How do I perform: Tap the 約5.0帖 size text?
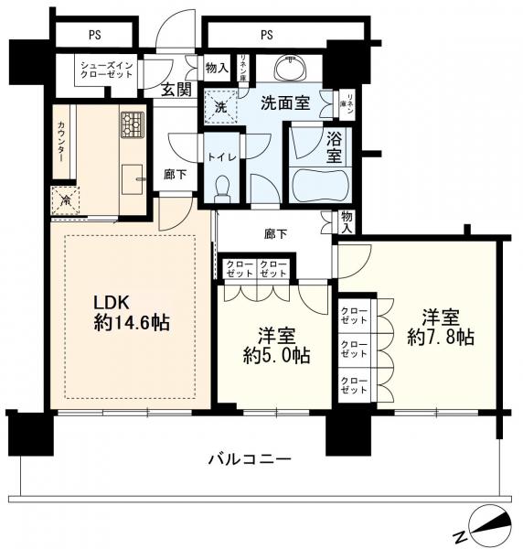273,355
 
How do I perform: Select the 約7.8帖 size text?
440,337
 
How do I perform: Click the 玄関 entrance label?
176,89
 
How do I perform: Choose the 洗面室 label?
283,103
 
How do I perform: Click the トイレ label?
222,156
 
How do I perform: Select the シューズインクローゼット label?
106,71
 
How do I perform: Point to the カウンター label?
60,142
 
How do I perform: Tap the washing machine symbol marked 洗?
219,105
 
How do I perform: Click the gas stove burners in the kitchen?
133,122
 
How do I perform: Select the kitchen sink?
133,181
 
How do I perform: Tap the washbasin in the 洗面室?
294,70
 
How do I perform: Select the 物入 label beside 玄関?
216,68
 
